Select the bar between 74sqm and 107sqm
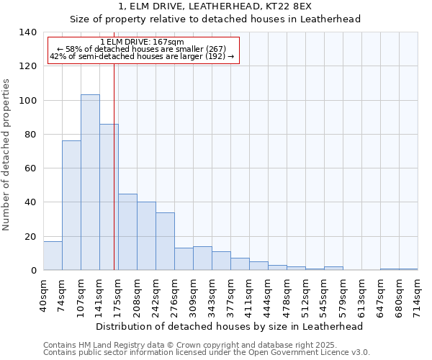click(71, 205)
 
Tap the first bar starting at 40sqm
click(53, 256)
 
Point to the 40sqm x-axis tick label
click(43, 294)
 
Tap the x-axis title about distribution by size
click(229, 326)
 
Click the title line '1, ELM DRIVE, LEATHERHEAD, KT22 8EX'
click(215, 6)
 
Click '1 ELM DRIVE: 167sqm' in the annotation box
click(143, 42)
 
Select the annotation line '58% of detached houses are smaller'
click(142, 49)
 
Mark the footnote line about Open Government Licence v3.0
click(207, 352)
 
